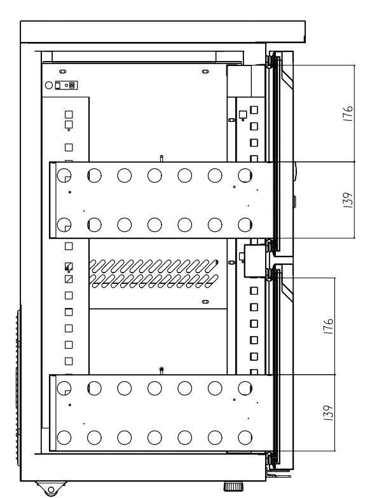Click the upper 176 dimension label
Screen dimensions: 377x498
click(x=348, y=113)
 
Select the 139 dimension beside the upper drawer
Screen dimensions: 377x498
click(x=348, y=200)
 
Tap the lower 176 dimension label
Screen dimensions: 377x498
click(x=329, y=326)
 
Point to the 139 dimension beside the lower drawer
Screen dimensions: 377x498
click(x=329, y=413)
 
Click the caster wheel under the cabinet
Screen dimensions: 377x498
click(x=50, y=489)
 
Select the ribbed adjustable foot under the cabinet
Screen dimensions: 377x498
click(x=233, y=487)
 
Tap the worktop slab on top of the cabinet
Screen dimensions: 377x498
click(x=163, y=32)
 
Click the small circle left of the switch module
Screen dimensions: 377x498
click(x=48, y=85)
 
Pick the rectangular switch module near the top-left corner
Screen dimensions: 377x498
click(x=66, y=85)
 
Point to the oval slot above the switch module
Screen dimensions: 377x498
click(x=62, y=71)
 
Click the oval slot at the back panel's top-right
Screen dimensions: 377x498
click(x=205, y=71)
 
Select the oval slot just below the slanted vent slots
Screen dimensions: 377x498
click(x=205, y=301)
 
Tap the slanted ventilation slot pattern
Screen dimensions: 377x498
click(x=154, y=274)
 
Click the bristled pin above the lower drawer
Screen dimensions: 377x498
click(x=161, y=370)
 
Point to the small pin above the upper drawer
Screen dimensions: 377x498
click(x=161, y=158)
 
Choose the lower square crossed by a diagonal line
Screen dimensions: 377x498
click(x=69, y=279)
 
